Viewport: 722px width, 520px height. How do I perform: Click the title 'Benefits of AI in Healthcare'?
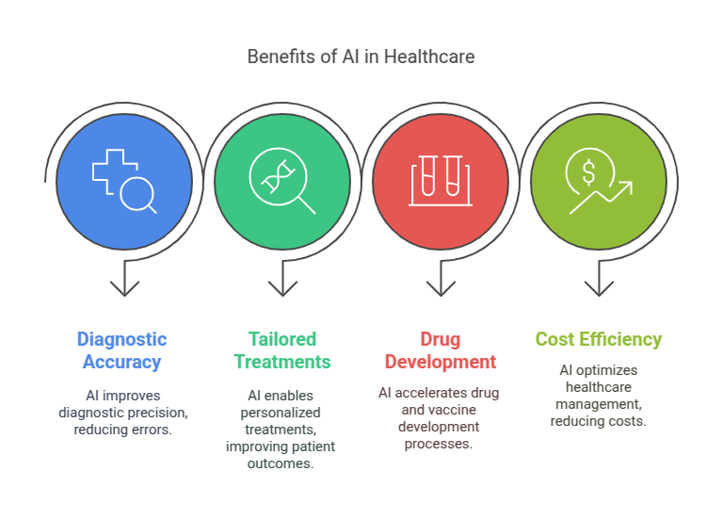(361, 57)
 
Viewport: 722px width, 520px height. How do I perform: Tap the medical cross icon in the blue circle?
(115, 171)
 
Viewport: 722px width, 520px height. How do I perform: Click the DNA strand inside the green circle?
(278, 176)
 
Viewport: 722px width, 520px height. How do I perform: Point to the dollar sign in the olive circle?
(588, 171)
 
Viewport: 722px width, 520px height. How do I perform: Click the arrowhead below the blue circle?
(125, 288)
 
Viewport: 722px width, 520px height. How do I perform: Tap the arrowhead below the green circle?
(282, 288)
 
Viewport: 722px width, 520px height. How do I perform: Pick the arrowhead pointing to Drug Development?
(441, 288)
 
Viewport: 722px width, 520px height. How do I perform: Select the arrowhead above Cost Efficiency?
(599, 288)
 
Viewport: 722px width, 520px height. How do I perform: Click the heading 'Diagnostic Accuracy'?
(122, 350)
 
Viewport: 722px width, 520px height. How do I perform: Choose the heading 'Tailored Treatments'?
(282, 350)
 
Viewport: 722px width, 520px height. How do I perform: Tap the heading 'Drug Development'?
(441, 350)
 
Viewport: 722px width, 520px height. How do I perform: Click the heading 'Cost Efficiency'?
(599, 339)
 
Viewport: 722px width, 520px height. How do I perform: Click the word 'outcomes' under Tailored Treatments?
(281, 463)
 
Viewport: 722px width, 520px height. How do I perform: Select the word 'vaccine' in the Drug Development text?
(454, 410)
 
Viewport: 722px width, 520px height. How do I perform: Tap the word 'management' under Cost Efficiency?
(599, 404)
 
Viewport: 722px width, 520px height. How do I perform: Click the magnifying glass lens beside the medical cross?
(136, 194)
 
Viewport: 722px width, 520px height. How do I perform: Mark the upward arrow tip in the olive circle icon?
(632, 182)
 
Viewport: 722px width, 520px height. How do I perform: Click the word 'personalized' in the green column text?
(281, 413)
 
